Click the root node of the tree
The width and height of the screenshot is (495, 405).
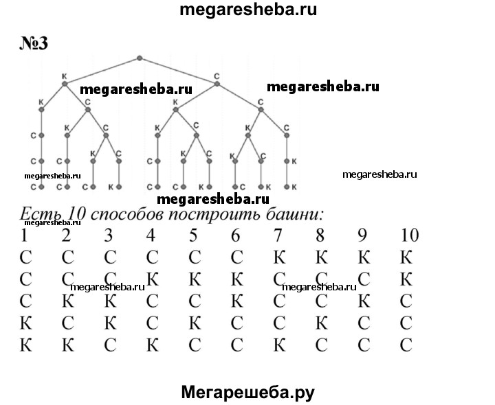click(x=140, y=58)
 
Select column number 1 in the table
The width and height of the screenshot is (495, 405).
click(x=25, y=235)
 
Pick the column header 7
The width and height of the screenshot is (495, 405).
click(x=278, y=235)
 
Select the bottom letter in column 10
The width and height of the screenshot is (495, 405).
click(x=407, y=345)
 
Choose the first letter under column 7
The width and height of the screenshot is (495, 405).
click(x=278, y=257)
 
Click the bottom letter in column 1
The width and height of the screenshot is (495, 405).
click(x=26, y=345)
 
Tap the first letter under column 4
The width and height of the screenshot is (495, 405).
click(x=151, y=257)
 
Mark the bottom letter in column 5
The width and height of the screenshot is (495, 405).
click(x=194, y=345)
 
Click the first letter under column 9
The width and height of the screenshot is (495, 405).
click(x=364, y=257)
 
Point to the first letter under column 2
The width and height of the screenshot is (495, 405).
click(x=67, y=257)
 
